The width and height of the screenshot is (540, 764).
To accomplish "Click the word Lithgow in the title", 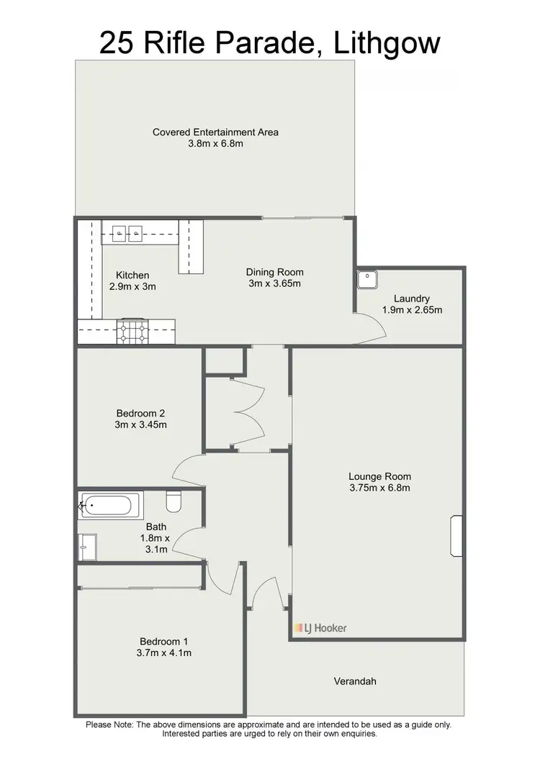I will pyautogui.click(x=387, y=43).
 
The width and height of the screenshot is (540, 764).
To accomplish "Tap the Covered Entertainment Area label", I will pyautogui.click(x=215, y=132).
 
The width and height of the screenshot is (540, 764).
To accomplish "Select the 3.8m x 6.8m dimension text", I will pyautogui.click(x=215, y=144).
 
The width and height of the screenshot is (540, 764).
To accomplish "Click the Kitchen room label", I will pyautogui.click(x=132, y=275).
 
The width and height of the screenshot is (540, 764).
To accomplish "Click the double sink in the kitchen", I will pyautogui.click(x=127, y=232).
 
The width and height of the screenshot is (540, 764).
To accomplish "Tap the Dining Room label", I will pyautogui.click(x=274, y=272).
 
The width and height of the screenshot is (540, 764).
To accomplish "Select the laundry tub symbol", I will pyautogui.click(x=367, y=277).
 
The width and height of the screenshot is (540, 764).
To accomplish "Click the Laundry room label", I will pyautogui.click(x=412, y=299).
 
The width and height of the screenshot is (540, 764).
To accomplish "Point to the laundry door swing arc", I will pyautogui.click(x=376, y=329).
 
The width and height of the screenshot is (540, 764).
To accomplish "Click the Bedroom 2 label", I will pyautogui.click(x=141, y=413).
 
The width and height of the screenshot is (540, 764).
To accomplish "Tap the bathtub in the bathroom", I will pyautogui.click(x=106, y=506).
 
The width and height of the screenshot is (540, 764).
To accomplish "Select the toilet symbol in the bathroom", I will pyautogui.click(x=173, y=499).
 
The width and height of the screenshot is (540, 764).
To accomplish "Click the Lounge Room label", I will pyautogui.click(x=379, y=476).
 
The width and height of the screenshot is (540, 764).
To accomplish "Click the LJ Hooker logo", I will pyautogui.click(x=320, y=628).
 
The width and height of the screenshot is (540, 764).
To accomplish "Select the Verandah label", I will pyautogui.click(x=355, y=681).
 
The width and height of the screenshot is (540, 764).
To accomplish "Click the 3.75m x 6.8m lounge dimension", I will pyautogui.click(x=379, y=488).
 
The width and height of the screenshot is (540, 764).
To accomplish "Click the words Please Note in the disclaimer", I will pyautogui.click(x=109, y=724).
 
